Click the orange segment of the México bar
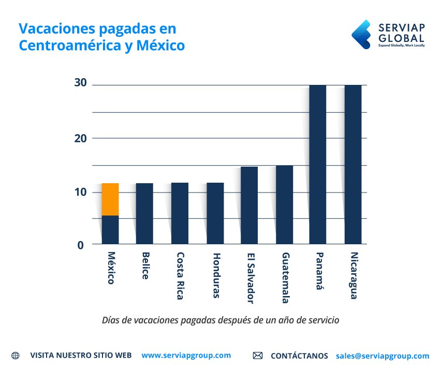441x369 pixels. pyautogui.click(x=110, y=199)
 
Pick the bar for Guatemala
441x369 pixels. pyautogui.click(x=284, y=204)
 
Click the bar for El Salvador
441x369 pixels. pyautogui.click(x=249, y=205)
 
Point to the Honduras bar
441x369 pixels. pyautogui.click(x=215, y=213)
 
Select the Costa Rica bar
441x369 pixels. pyautogui.click(x=180, y=213)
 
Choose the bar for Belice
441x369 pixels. pyautogui.click(x=144, y=213)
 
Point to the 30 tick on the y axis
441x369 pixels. pyautogui.click(x=80, y=84)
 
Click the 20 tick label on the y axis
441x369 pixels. pyautogui.click(x=80, y=138)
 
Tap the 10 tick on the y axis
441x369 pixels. pyautogui.click(x=80, y=192)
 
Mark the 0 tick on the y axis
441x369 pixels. pyautogui.click(x=80, y=245)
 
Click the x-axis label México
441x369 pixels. pyautogui.click(x=111, y=268)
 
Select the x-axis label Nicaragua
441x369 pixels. pyautogui.click(x=354, y=275)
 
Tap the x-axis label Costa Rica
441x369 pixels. pyautogui.click(x=180, y=276)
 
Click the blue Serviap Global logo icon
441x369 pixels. pyautogui.click(x=361, y=34)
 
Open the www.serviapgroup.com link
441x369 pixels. pyautogui.click(x=186, y=356)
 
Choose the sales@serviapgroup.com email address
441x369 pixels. pyautogui.click(x=382, y=356)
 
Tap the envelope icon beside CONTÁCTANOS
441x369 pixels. pyautogui.click(x=258, y=356)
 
